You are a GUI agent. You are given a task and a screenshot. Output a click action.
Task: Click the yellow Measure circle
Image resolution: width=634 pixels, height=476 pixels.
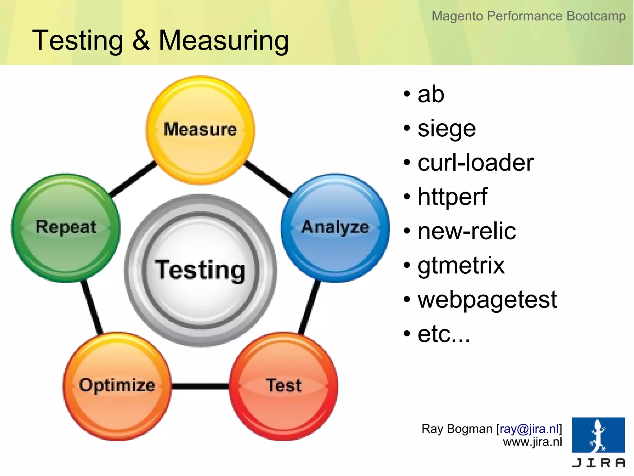(x=200, y=130)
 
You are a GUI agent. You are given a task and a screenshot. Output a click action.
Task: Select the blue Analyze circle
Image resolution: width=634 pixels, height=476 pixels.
(x=335, y=228)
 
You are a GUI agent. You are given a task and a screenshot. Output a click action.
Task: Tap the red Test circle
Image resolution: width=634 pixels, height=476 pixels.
(x=284, y=386)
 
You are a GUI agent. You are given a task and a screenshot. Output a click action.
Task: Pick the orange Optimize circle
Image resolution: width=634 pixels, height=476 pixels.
(x=117, y=386)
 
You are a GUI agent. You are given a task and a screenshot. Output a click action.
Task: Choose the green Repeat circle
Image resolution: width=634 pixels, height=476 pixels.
(x=66, y=228)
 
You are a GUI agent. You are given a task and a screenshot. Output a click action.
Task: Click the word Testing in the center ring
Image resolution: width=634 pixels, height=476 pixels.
(x=200, y=270)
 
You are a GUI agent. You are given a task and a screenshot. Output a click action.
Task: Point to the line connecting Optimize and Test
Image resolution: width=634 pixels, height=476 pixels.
(x=200, y=386)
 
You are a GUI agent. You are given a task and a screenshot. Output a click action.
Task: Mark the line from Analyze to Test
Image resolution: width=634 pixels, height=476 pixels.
(x=309, y=307)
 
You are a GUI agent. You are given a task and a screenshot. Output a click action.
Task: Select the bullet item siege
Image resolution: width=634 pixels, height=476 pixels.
(x=446, y=129)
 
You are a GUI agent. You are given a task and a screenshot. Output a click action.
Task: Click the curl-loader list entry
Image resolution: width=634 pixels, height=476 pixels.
(x=475, y=163)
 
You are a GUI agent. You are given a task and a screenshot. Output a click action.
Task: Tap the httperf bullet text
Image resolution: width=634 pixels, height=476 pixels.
(x=452, y=197)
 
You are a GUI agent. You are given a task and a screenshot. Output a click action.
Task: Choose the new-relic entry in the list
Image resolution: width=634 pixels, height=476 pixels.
(x=467, y=231)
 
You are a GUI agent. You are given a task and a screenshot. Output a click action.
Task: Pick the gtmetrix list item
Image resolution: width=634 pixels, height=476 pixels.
(x=461, y=266)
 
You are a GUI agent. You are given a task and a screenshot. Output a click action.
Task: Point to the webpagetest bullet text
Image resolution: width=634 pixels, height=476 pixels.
(x=487, y=300)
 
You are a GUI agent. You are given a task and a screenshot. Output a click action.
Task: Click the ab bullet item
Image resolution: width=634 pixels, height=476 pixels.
(x=431, y=94)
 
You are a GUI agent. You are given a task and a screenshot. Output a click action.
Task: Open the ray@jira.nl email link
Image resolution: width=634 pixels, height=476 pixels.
(x=529, y=429)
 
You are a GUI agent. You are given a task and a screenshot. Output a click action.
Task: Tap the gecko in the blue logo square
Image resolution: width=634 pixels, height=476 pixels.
(x=598, y=435)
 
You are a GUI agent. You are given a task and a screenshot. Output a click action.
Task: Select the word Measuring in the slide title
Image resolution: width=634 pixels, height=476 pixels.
(x=224, y=41)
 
